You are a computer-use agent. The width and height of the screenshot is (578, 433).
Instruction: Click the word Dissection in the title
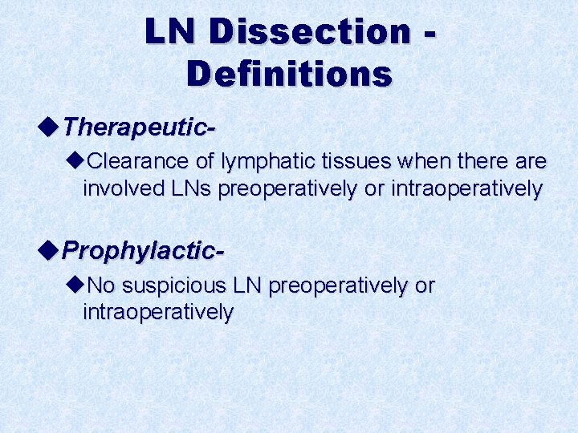coord(310,32)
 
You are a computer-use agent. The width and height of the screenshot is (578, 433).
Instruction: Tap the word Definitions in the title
coord(289,74)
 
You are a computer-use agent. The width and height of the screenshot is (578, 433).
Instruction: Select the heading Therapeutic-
coord(140,127)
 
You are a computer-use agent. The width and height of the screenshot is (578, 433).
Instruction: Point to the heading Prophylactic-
coord(143,250)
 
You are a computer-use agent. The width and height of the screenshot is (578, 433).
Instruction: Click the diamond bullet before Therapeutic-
coord(49,126)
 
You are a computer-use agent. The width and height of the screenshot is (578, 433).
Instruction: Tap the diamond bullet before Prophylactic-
coord(49,249)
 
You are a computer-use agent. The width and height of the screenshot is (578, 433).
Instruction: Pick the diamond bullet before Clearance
coord(77,161)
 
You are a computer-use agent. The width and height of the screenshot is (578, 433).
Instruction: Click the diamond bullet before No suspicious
coord(77,285)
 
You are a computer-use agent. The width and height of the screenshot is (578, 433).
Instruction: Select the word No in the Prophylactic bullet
coord(100,285)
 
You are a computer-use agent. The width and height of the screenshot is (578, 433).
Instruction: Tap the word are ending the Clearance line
coord(530,162)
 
